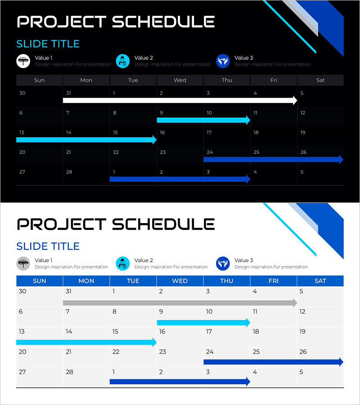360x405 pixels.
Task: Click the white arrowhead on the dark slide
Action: (295, 100)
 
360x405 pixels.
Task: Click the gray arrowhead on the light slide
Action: (295, 303)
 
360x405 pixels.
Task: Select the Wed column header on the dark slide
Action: (180, 80)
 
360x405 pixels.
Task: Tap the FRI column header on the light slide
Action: (274, 281)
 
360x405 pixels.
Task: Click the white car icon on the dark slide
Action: (23, 61)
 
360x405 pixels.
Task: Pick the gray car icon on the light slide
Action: (23, 263)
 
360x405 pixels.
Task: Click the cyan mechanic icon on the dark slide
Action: (123, 61)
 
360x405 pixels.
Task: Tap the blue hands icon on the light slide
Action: (223, 263)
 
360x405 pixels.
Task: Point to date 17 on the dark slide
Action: (209, 132)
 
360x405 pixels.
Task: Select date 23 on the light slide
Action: (162, 351)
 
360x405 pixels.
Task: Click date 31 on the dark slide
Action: (68, 93)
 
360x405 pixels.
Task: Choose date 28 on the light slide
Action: (69, 372)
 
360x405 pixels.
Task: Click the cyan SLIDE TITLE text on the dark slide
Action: (48, 44)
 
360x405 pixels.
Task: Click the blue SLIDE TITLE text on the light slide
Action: (48, 247)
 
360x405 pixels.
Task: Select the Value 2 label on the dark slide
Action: (144, 58)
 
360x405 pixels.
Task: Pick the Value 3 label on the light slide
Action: (244, 261)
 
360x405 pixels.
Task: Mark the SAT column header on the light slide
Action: (320, 281)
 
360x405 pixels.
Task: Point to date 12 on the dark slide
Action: (303, 113)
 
